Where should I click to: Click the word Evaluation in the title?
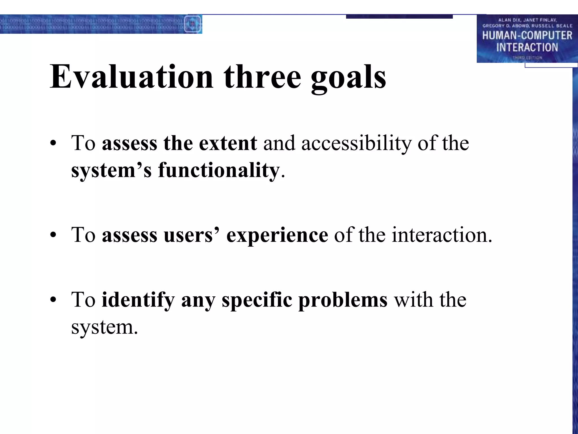[x=132, y=77]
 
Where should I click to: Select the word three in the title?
[x=262, y=77]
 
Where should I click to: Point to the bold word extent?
[x=228, y=144]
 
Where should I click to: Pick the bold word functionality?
[x=219, y=171]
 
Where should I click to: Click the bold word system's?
[x=111, y=171]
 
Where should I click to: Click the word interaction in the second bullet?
[x=439, y=235]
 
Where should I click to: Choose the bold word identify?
[x=138, y=300]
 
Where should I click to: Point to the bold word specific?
[x=257, y=300]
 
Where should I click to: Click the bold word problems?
[x=343, y=300]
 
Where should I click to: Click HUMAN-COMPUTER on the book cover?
[x=527, y=36]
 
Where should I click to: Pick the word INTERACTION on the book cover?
[x=527, y=47]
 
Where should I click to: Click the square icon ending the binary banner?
[x=193, y=24]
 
